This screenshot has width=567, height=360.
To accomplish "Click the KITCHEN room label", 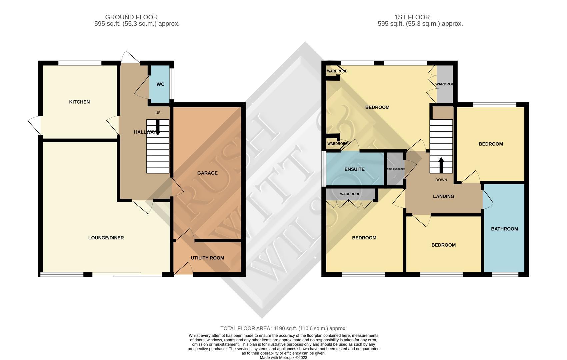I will [79, 102].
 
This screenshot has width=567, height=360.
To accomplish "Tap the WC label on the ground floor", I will [160, 84].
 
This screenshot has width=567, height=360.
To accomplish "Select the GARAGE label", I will [207, 173].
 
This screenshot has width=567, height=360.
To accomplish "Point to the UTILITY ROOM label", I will [207, 258].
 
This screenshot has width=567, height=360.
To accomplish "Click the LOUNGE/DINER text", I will [106, 238].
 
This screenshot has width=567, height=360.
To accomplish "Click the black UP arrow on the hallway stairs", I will [158, 127].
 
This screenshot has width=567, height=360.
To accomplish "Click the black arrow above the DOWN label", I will [441, 165].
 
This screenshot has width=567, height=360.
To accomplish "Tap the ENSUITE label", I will [354, 169].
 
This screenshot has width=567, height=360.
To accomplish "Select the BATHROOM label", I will [504, 229].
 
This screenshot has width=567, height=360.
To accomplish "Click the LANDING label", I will [443, 196].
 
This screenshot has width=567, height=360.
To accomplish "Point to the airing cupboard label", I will [396, 169].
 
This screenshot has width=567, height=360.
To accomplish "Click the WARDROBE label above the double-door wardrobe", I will [350, 194].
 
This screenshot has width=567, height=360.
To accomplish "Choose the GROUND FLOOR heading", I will [131, 17].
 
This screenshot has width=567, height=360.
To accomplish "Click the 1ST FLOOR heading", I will [412, 17].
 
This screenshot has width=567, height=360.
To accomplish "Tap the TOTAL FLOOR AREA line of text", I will [283, 329].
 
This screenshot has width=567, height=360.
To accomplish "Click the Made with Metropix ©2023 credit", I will [283, 358].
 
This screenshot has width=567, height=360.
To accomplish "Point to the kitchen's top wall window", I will [80, 63].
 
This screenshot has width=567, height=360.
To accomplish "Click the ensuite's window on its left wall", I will [323, 169].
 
